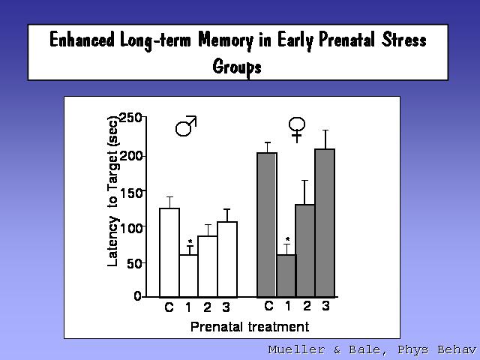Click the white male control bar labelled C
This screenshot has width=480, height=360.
(x=169, y=253)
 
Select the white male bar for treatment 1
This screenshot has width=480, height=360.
(x=188, y=276)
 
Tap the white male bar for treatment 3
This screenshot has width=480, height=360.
(x=227, y=259)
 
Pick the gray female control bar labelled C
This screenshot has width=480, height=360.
(x=267, y=225)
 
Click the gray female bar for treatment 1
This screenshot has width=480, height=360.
(x=286, y=276)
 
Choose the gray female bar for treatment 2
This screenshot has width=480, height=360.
(x=305, y=250)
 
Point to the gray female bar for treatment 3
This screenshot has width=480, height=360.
(x=325, y=223)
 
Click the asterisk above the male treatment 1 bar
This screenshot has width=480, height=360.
(x=190, y=241)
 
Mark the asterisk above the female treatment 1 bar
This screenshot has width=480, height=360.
(x=287, y=239)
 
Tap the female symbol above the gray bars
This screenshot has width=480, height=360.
(x=297, y=130)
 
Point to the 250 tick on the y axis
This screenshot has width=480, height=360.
(x=130, y=118)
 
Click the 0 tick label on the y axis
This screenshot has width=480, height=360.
(x=138, y=296)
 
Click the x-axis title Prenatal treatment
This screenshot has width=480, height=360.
(x=250, y=327)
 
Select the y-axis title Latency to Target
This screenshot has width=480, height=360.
(x=112, y=191)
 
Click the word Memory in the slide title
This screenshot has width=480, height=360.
(x=226, y=40)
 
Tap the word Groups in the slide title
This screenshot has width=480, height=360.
(x=237, y=67)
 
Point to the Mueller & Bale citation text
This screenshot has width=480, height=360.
(x=372, y=349)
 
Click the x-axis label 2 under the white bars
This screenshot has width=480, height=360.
(x=207, y=307)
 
